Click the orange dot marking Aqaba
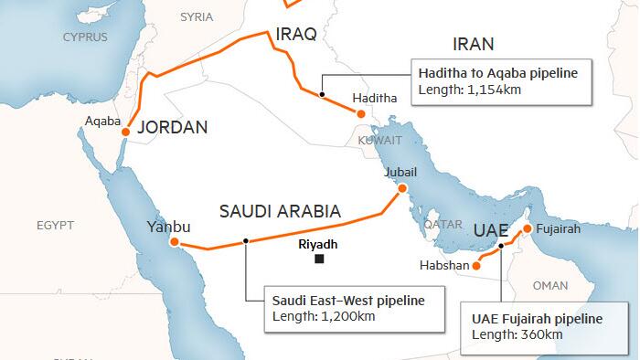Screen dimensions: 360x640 click(x=126, y=131)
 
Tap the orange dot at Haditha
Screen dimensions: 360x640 click(x=361, y=114)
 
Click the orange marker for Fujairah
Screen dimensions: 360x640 click(x=527, y=228)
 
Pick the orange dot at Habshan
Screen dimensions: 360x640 click(x=476, y=267)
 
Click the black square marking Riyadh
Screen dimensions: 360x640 click(x=318, y=259)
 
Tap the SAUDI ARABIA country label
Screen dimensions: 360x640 click(x=280, y=212)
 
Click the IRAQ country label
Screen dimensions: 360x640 click(x=295, y=36)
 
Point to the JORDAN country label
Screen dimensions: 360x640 click(x=172, y=128)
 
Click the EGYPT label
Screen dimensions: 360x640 click(x=55, y=224)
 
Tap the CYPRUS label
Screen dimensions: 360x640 click(x=84, y=37)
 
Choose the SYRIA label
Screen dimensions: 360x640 click(x=197, y=16)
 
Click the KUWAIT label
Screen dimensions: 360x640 click(x=379, y=141)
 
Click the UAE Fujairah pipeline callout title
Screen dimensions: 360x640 click(x=537, y=319)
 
